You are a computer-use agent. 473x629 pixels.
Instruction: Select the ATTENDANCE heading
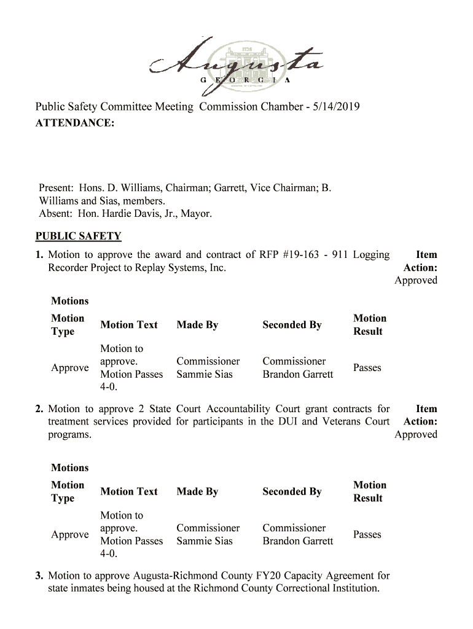tap(74, 123)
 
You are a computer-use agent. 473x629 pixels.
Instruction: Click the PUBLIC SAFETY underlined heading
tap(78, 236)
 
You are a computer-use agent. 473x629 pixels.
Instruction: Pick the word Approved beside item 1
tap(416, 281)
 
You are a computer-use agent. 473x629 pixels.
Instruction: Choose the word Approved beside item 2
tap(416, 435)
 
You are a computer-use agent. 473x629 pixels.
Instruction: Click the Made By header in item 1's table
tap(197, 325)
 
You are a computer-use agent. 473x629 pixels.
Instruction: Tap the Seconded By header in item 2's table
tap(292, 491)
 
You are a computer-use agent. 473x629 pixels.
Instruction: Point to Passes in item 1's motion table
tap(367, 368)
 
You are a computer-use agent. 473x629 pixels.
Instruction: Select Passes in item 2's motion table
tap(367, 534)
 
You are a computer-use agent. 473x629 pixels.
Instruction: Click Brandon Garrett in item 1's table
tap(298, 374)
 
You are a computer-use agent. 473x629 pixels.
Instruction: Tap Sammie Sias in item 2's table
tap(205, 541)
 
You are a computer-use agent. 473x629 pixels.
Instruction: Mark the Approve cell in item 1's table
tap(70, 368)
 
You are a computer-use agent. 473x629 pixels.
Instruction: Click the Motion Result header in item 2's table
tap(370, 491)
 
